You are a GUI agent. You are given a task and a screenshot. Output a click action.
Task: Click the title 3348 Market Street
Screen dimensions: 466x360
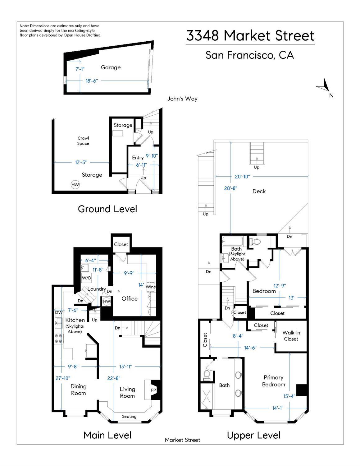(x=250, y=36)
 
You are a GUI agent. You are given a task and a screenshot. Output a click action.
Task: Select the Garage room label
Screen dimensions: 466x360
(x=111, y=67)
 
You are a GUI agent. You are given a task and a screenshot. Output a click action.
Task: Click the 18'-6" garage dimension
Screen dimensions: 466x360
(x=92, y=81)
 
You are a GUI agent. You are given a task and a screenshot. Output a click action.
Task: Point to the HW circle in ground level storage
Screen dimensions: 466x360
(x=75, y=185)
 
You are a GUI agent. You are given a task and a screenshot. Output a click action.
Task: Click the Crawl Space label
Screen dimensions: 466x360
(x=83, y=141)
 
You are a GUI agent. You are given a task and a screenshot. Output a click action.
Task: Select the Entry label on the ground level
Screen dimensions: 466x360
(x=138, y=158)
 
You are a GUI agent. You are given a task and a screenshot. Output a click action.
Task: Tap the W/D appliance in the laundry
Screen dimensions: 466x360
(x=86, y=278)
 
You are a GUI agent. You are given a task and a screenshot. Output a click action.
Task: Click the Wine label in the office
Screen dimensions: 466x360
(x=151, y=287)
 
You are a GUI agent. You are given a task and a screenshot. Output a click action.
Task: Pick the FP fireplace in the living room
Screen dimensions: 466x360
(x=153, y=390)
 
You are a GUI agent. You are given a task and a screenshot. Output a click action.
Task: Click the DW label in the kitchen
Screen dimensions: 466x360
(x=59, y=312)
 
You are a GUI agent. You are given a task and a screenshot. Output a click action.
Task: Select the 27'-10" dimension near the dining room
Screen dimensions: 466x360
(x=63, y=378)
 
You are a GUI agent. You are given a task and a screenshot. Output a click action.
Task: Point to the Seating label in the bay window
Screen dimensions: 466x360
(x=129, y=417)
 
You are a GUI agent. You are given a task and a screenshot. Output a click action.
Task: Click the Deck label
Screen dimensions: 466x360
(x=259, y=191)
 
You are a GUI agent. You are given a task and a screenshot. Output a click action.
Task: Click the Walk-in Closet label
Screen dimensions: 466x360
(x=291, y=336)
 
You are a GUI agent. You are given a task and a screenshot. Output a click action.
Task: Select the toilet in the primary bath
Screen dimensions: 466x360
(x=207, y=376)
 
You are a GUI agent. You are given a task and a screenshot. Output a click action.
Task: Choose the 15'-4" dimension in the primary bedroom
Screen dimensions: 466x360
(x=289, y=396)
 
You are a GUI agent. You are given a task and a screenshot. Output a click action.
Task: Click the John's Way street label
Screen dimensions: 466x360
(x=182, y=99)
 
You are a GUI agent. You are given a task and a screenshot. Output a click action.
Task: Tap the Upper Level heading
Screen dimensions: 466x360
(x=253, y=435)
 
